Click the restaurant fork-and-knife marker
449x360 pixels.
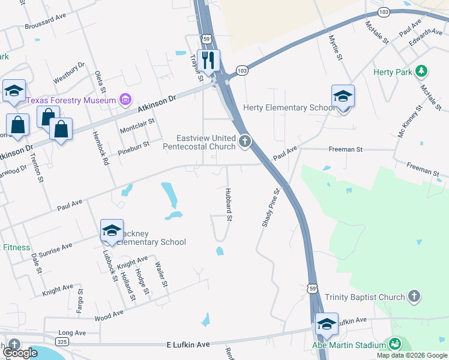point(209,61)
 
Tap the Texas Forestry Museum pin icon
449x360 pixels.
point(125,99)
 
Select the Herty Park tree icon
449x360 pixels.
point(422,71)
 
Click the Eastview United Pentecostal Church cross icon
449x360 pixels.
point(244,142)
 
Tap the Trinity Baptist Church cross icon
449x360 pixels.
point(413,296)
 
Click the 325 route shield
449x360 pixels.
point(61,341)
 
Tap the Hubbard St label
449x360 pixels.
point(228,204)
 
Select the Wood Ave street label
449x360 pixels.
point(109,313)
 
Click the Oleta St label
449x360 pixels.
point(100,82)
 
